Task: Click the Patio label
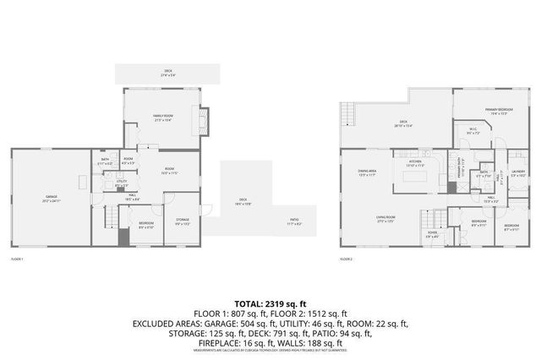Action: coord(292,222)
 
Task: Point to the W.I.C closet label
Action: coord(473,131)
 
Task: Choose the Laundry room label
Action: coord(518,174)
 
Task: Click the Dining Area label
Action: coord(366,172)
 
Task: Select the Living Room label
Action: coord(386,219)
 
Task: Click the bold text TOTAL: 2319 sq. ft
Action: coord(270,302)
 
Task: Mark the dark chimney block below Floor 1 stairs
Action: coord(124,236)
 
